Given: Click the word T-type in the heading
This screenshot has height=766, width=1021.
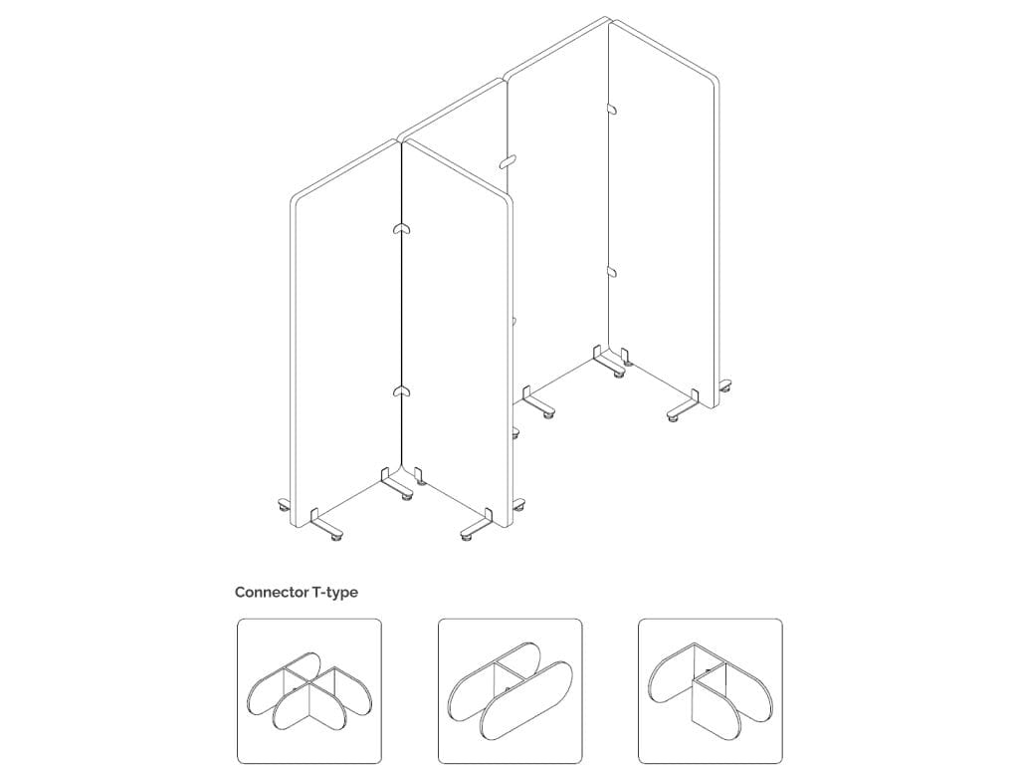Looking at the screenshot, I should (x=335, y=592).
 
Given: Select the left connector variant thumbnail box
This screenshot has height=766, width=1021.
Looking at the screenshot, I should (x=308, y=691).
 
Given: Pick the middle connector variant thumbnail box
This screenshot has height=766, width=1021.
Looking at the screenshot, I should (x=510, y=691).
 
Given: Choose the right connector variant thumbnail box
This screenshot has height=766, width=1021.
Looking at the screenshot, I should (x=710, y=691).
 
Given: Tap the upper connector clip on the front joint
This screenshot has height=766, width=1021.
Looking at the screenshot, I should (x=400, y=230).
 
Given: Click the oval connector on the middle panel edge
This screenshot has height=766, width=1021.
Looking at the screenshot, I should (x=508, y=161).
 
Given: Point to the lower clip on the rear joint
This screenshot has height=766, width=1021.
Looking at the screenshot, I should (x=610, y=271).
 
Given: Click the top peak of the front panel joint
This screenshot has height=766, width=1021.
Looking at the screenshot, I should (x=401, y=139).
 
